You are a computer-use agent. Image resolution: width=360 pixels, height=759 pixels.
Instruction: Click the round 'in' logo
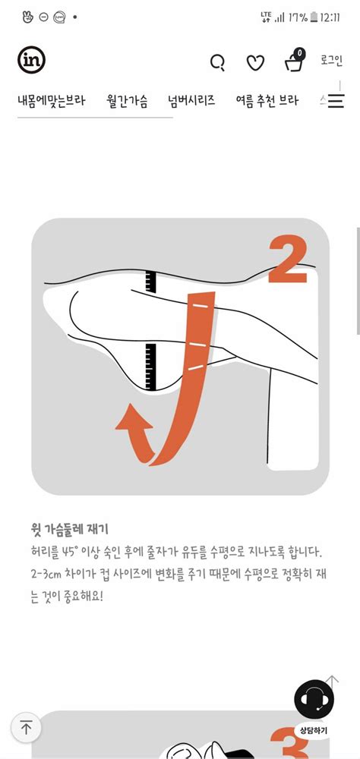pos(31,60)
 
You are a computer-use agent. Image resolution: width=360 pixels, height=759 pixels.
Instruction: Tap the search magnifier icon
pos(217,62)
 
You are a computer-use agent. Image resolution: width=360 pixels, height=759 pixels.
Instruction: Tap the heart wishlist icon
pos(256,63)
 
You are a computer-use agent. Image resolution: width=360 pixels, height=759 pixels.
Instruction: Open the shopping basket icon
pos(295,61)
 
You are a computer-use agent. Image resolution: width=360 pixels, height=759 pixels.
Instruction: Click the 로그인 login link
pos(331,61)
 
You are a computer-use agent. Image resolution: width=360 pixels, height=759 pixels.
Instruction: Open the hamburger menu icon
pos(336,101)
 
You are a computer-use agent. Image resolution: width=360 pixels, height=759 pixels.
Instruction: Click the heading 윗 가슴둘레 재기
pos(71,528)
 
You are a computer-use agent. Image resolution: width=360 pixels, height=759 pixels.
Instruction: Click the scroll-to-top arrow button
pos(26,728)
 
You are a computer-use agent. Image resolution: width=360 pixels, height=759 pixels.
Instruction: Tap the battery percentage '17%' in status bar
pos(298,16)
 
